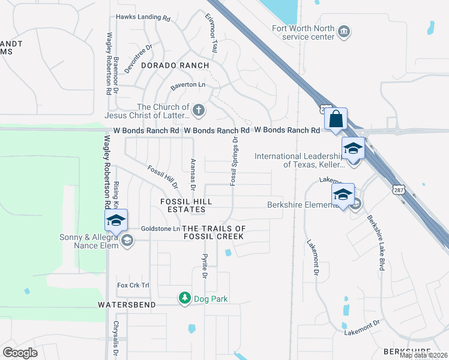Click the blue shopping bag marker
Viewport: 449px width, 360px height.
coord(336,119)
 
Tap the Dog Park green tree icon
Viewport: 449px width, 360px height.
coord(185,298)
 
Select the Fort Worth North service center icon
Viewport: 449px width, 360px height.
coord(344,32)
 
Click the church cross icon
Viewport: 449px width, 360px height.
coord(199,110)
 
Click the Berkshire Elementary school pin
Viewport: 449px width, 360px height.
coord(343,194)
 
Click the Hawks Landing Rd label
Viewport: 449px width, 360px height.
coord(143,18)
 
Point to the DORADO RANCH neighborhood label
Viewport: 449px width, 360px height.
coord(175,65)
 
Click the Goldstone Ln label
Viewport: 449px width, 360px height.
coord(160,229)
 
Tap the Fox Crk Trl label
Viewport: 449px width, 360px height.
coord(133,285)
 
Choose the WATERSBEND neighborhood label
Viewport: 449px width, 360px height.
coord(127,305)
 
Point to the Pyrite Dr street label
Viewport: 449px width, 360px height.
coord(204,266)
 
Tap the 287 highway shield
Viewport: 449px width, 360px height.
coord(400,190)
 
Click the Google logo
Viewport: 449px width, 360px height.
coord(20,353)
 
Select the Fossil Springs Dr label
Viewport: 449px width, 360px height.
coord(234,161)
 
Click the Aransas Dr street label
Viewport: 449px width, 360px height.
coord(193,175)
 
